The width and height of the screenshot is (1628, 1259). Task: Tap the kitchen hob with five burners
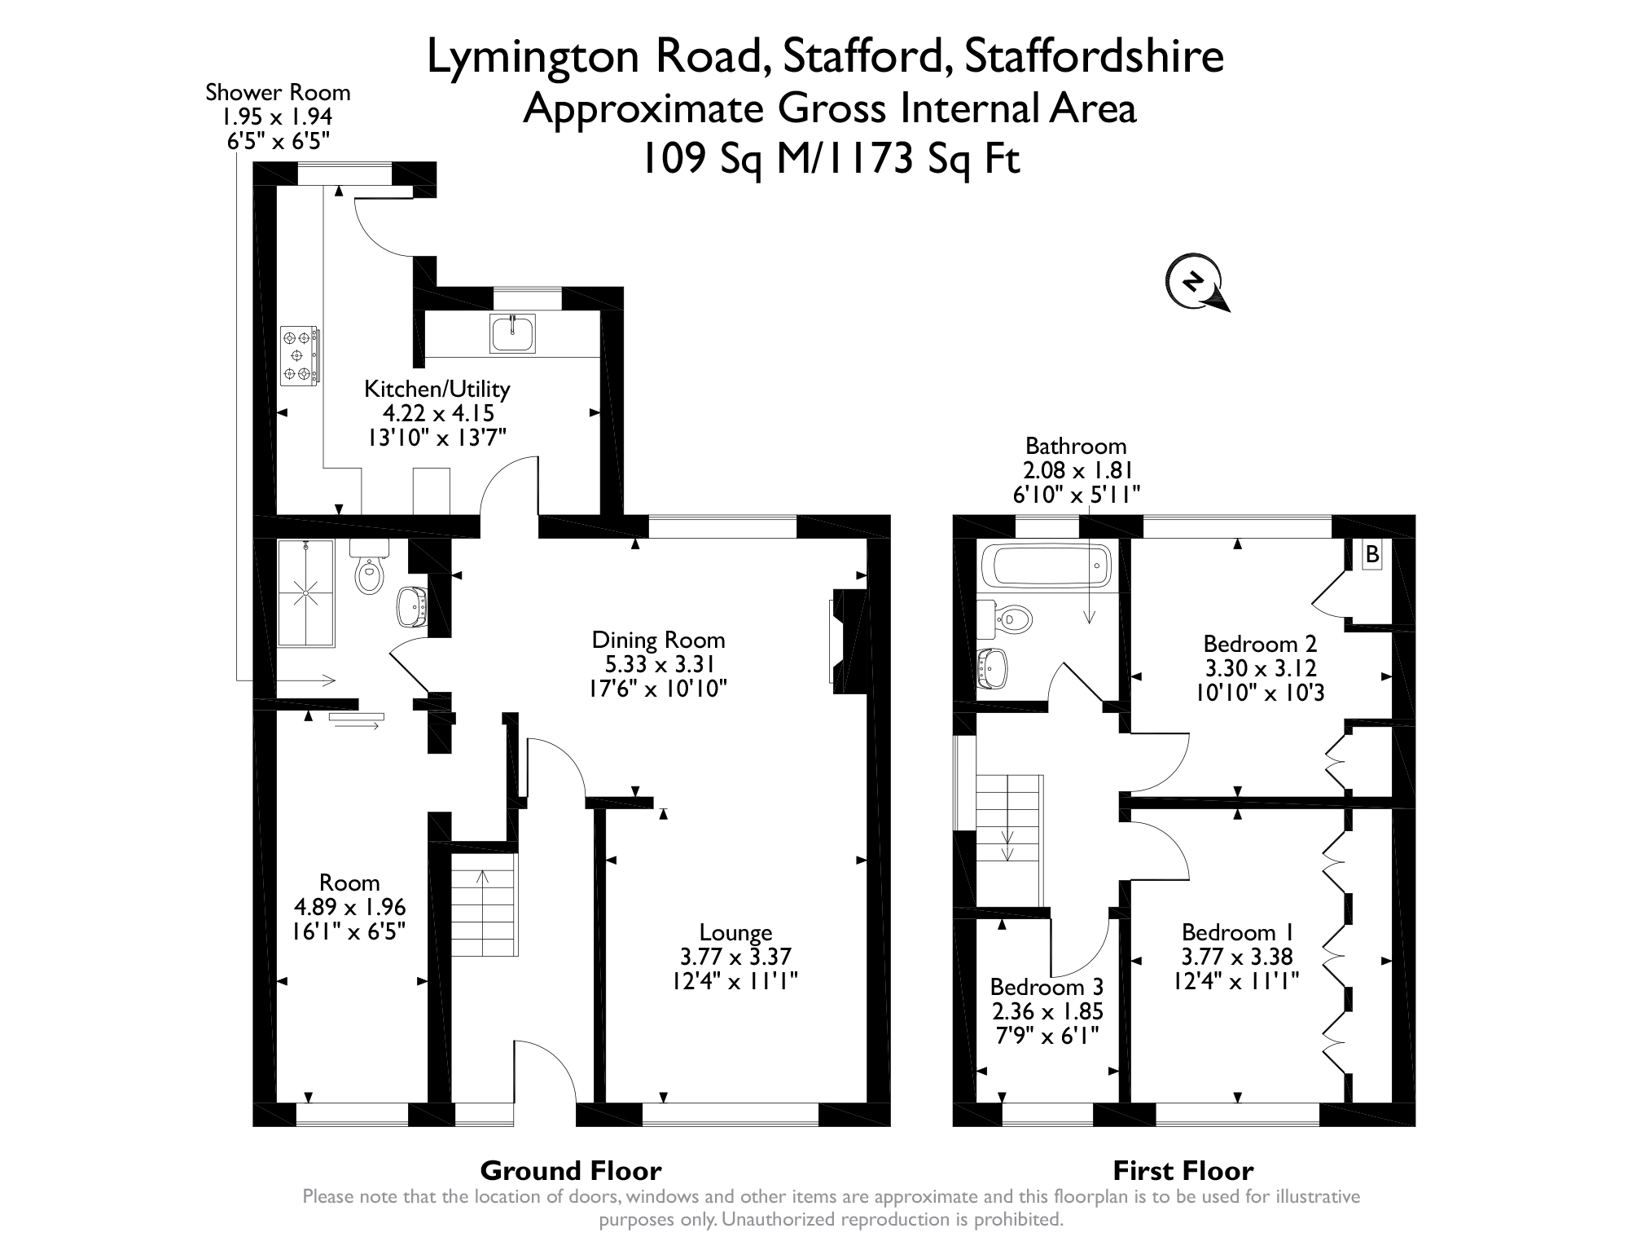click(x=300, y=355)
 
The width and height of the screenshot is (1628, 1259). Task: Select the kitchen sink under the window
click(x=512, y=334)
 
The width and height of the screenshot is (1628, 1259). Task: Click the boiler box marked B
click(x=1372, y=555)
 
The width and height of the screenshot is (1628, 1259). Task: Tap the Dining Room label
click(x=658, y=640)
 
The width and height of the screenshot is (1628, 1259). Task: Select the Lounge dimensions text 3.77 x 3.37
click(x=735, y=956)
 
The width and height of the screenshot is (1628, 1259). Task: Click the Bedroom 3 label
click(x=1047, y=987)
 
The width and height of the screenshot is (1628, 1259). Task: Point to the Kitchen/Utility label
click(x=437, y=389)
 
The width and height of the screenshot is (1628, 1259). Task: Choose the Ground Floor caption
click(x=571, y=1171)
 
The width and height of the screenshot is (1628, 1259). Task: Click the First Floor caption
click(x=1183, y=1171)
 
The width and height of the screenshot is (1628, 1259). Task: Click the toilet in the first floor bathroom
click(x=1007, y=620)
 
